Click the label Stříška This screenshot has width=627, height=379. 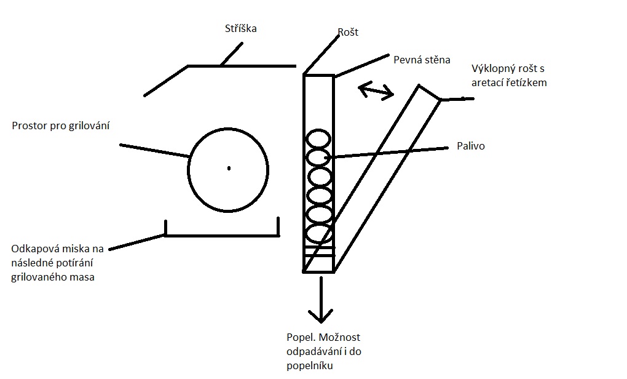click(x=240, y=29)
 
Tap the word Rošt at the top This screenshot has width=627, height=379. click(x=348, y=31)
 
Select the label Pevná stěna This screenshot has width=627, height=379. click(x=422, y=60)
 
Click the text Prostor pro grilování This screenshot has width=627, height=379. click(x=60, y=126)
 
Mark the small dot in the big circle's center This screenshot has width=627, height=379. click(x=229, y=167)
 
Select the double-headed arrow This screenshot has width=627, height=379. click(x=376, y=91)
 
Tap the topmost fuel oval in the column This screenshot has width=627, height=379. click(x=318, y=137)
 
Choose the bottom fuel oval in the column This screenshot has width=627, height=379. click(x=318, y=234)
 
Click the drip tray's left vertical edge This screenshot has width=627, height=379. click(x=165, y=227)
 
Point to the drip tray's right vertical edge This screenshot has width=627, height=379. click(x=278, y=226)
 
